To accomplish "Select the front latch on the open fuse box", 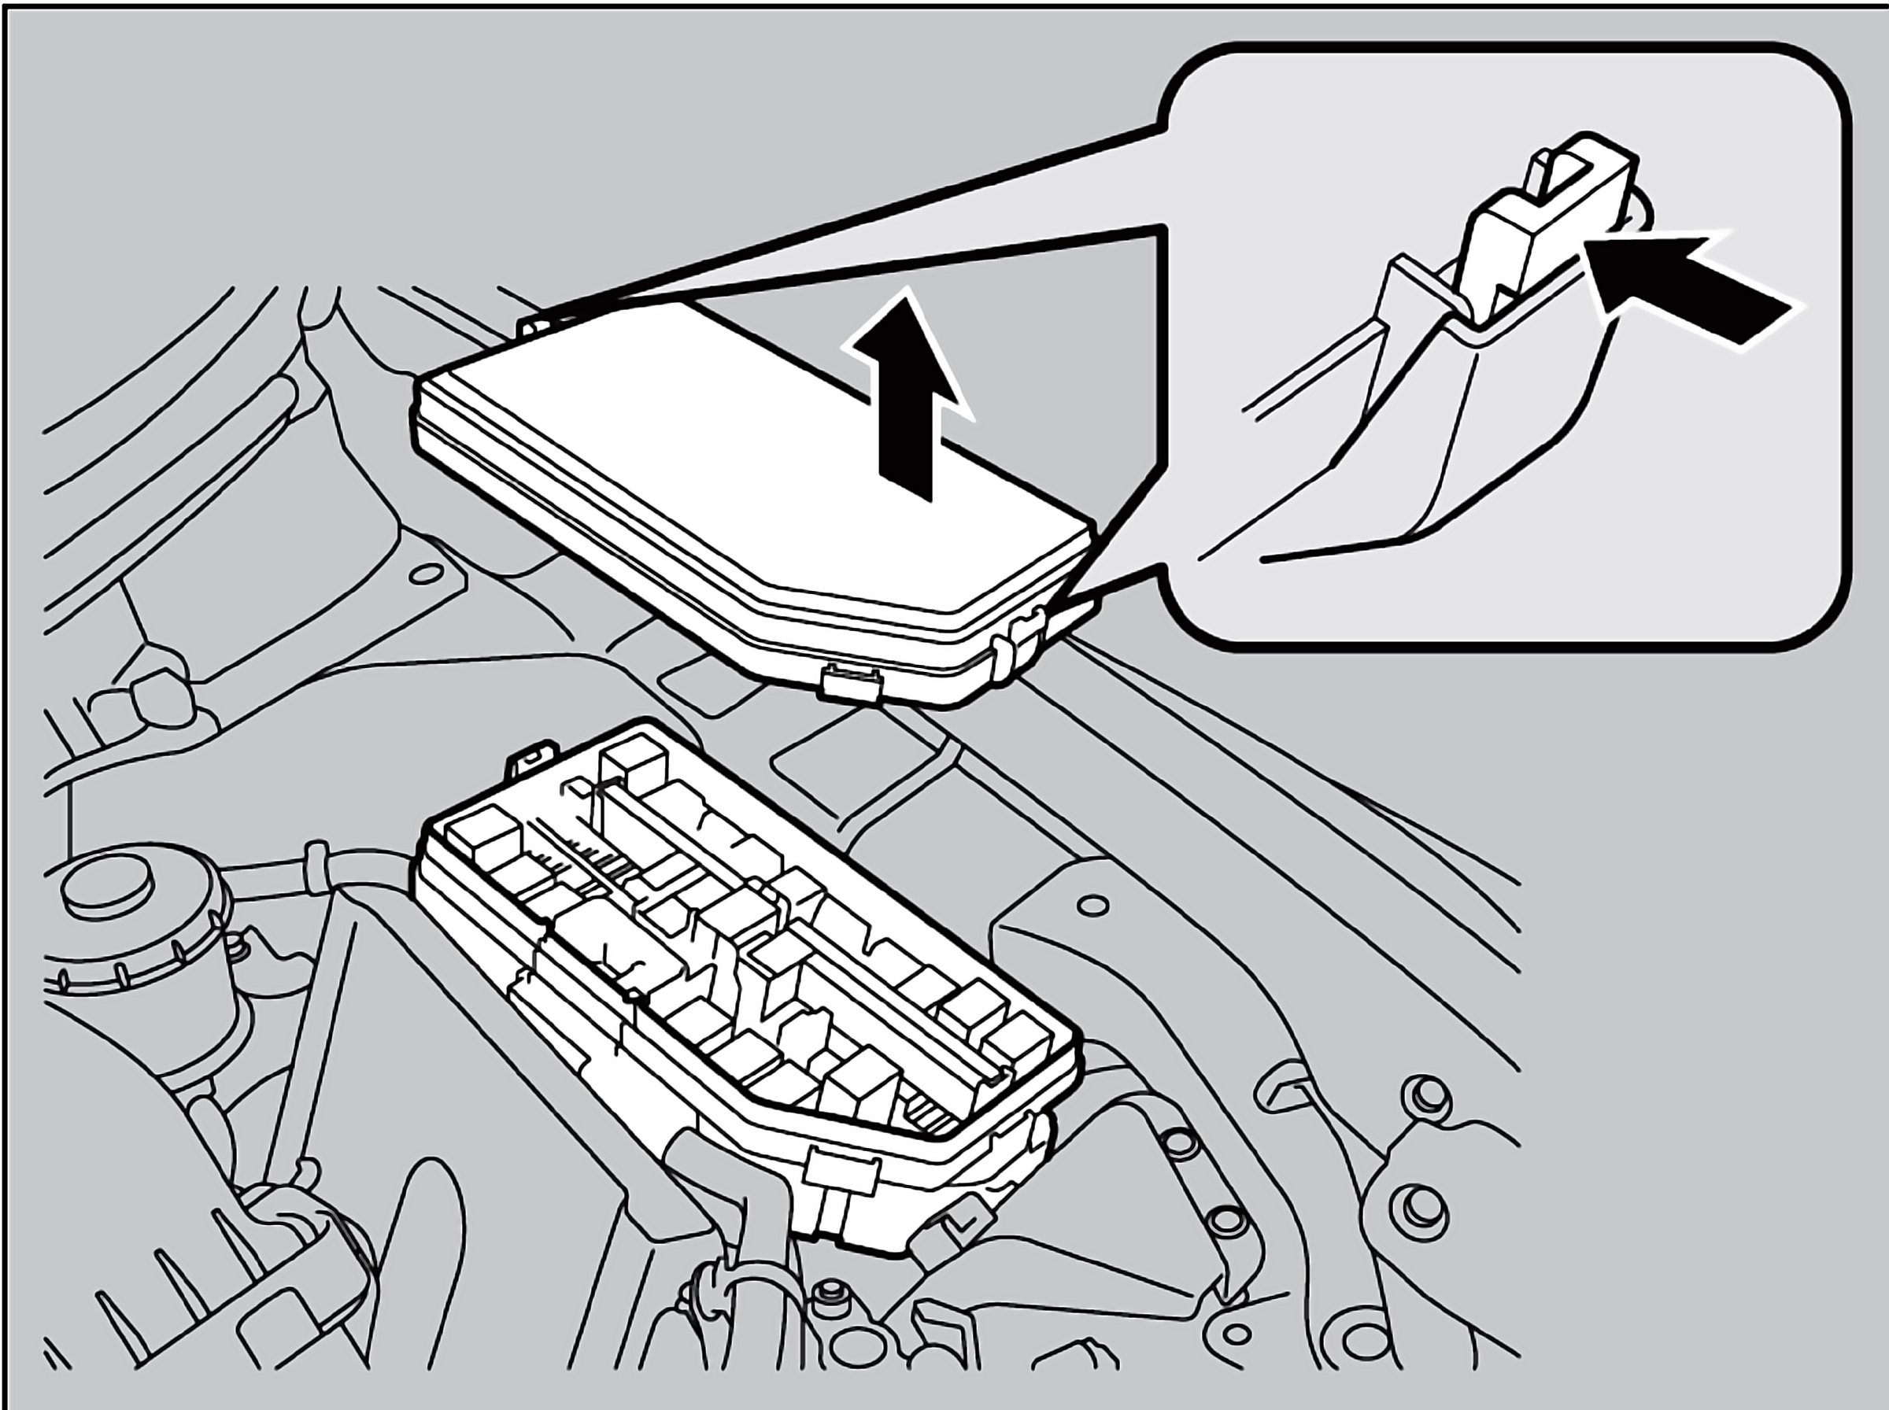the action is click(841, 1174).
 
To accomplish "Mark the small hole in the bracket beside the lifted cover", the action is click(425, 572).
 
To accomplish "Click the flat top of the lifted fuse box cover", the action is click(726, 444).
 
